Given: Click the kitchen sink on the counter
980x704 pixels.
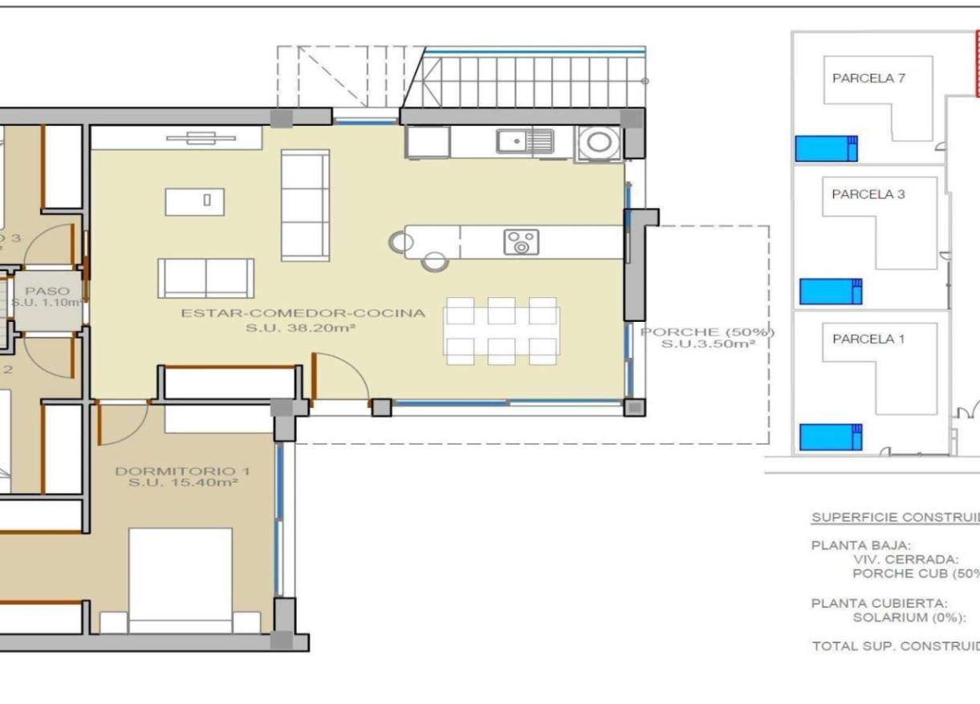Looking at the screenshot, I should coord(525,142).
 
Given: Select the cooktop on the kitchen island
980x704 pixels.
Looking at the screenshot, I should coord(521,242).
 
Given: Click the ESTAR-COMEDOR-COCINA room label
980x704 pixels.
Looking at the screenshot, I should coord(303,313).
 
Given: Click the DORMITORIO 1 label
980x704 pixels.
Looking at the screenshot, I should coord(176,471).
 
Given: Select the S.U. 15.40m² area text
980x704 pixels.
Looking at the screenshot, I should coord(176,484).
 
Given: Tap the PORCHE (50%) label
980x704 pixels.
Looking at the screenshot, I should coord(707,332).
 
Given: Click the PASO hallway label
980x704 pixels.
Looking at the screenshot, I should coord(47,291).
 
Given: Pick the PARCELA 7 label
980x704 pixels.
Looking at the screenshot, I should coord(868,79).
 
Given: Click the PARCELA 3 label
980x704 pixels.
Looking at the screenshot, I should coord(868,194).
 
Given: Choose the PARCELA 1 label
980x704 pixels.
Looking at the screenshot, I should coord(868,340).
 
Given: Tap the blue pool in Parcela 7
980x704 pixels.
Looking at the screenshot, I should coord(826,149).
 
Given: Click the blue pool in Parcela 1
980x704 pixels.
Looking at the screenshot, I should coord(830,437).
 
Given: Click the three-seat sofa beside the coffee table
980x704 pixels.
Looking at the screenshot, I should coord(305,206).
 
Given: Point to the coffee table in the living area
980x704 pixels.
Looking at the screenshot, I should coord(195,201).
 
